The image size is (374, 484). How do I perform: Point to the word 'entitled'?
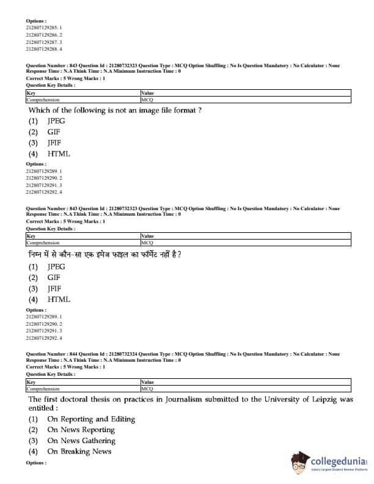pyautogui.click(x=43, y=408)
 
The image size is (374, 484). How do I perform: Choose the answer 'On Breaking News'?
pyautogui.click(x=79, y=452)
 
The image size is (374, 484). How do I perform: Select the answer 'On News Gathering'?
pyautogui.click(x=81, y=441)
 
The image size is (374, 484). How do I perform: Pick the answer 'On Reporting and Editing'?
pyautogui.click(x=91, y=419)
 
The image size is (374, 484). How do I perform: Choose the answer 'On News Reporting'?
pyautogui.click(x=81, y=430)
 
